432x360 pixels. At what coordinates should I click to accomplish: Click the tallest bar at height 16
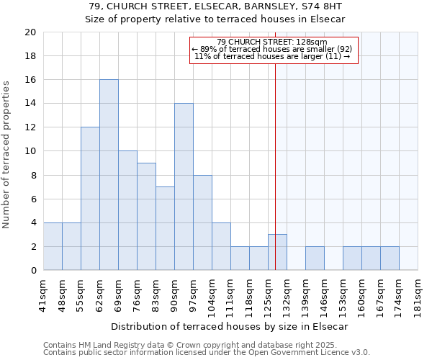click(109, 175)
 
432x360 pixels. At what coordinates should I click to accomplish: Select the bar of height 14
click(184, 187)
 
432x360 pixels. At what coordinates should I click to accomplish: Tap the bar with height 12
click(90, 199)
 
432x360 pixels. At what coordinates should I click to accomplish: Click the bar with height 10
click(127, 211)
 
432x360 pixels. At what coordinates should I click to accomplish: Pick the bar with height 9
click(146, 217)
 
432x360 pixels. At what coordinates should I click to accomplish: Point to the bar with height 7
click(165, 229)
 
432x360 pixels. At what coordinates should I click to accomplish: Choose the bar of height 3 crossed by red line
click(277, 253)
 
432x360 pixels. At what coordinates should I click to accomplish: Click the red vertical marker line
click(275, 144)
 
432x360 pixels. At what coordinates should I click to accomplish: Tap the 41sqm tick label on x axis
click(44, 294)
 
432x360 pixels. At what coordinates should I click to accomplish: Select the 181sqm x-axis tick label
click(418, 294)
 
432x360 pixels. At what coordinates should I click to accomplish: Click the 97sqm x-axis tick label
click(194, 294)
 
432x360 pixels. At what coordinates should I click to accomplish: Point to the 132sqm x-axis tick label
click(287, 294)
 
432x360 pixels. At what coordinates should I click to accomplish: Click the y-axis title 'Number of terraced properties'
click(7, 154)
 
